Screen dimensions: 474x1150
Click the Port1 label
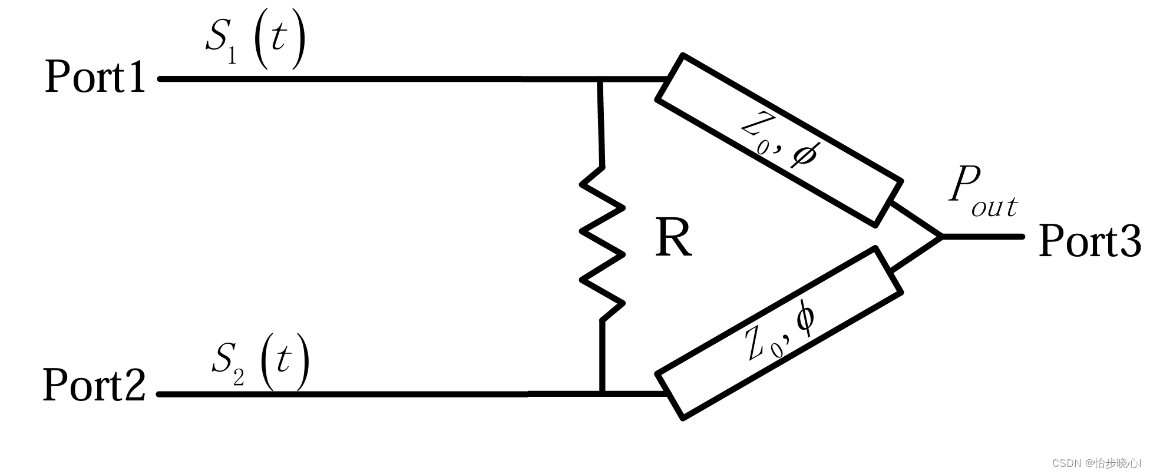95,77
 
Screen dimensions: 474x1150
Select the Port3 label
1089,241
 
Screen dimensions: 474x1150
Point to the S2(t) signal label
260,360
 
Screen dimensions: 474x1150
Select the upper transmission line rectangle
779,140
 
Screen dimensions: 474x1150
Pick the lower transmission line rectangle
779,333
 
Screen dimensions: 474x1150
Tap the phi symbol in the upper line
804,155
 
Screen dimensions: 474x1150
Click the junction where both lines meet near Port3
941,236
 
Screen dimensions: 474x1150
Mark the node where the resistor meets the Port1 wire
600,78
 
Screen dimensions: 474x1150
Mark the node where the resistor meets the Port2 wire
602,393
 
